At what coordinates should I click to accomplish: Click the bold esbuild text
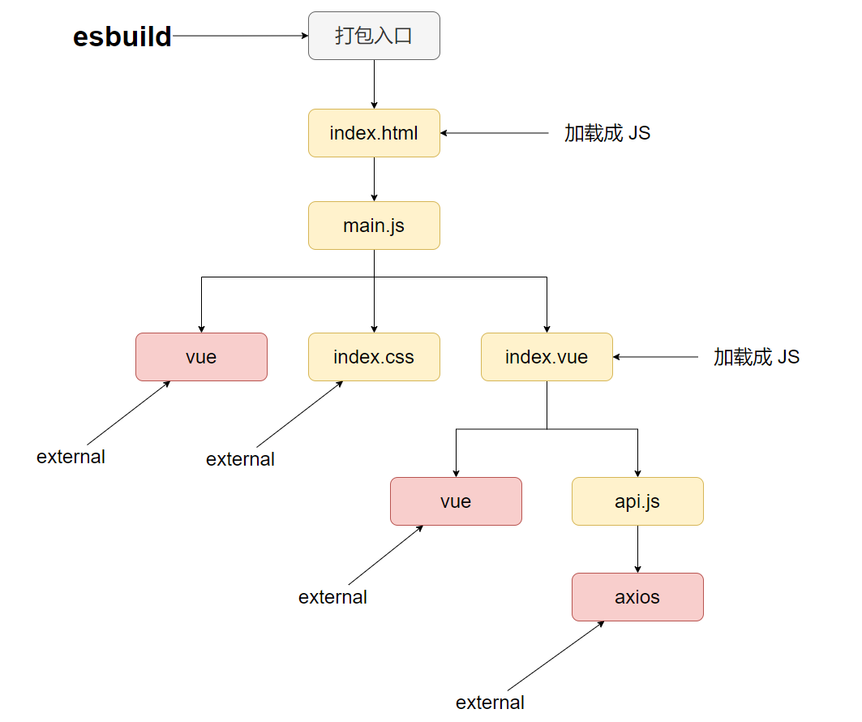pos(122,37)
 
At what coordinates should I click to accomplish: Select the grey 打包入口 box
pos(374,36)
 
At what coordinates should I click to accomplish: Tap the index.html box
pos(374,133)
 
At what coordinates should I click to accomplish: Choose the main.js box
pos(374,226)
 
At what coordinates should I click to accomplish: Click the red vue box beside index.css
pos(201,357)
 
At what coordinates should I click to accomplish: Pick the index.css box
pos(374,357)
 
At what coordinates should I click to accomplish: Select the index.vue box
pos(547,357)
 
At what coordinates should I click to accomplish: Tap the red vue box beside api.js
pos(456,501)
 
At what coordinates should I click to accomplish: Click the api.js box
pos(637,501)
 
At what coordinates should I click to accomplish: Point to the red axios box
pos(637,597)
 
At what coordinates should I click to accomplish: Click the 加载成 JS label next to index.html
pos(607,133)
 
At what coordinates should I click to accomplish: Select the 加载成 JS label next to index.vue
pos(757,357)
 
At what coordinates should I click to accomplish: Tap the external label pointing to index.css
pos(240,459)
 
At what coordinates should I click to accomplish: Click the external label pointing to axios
pos(490,703)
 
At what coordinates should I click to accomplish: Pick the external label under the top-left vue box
pos(71,457)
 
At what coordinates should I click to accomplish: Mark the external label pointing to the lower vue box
pos(332,597)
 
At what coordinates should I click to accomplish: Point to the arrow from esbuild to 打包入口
pos(240,36)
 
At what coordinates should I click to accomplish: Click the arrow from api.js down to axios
pos(637,549)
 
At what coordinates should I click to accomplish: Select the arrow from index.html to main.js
pos(374,179)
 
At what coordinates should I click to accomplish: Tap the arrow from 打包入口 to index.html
pos(374,84)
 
